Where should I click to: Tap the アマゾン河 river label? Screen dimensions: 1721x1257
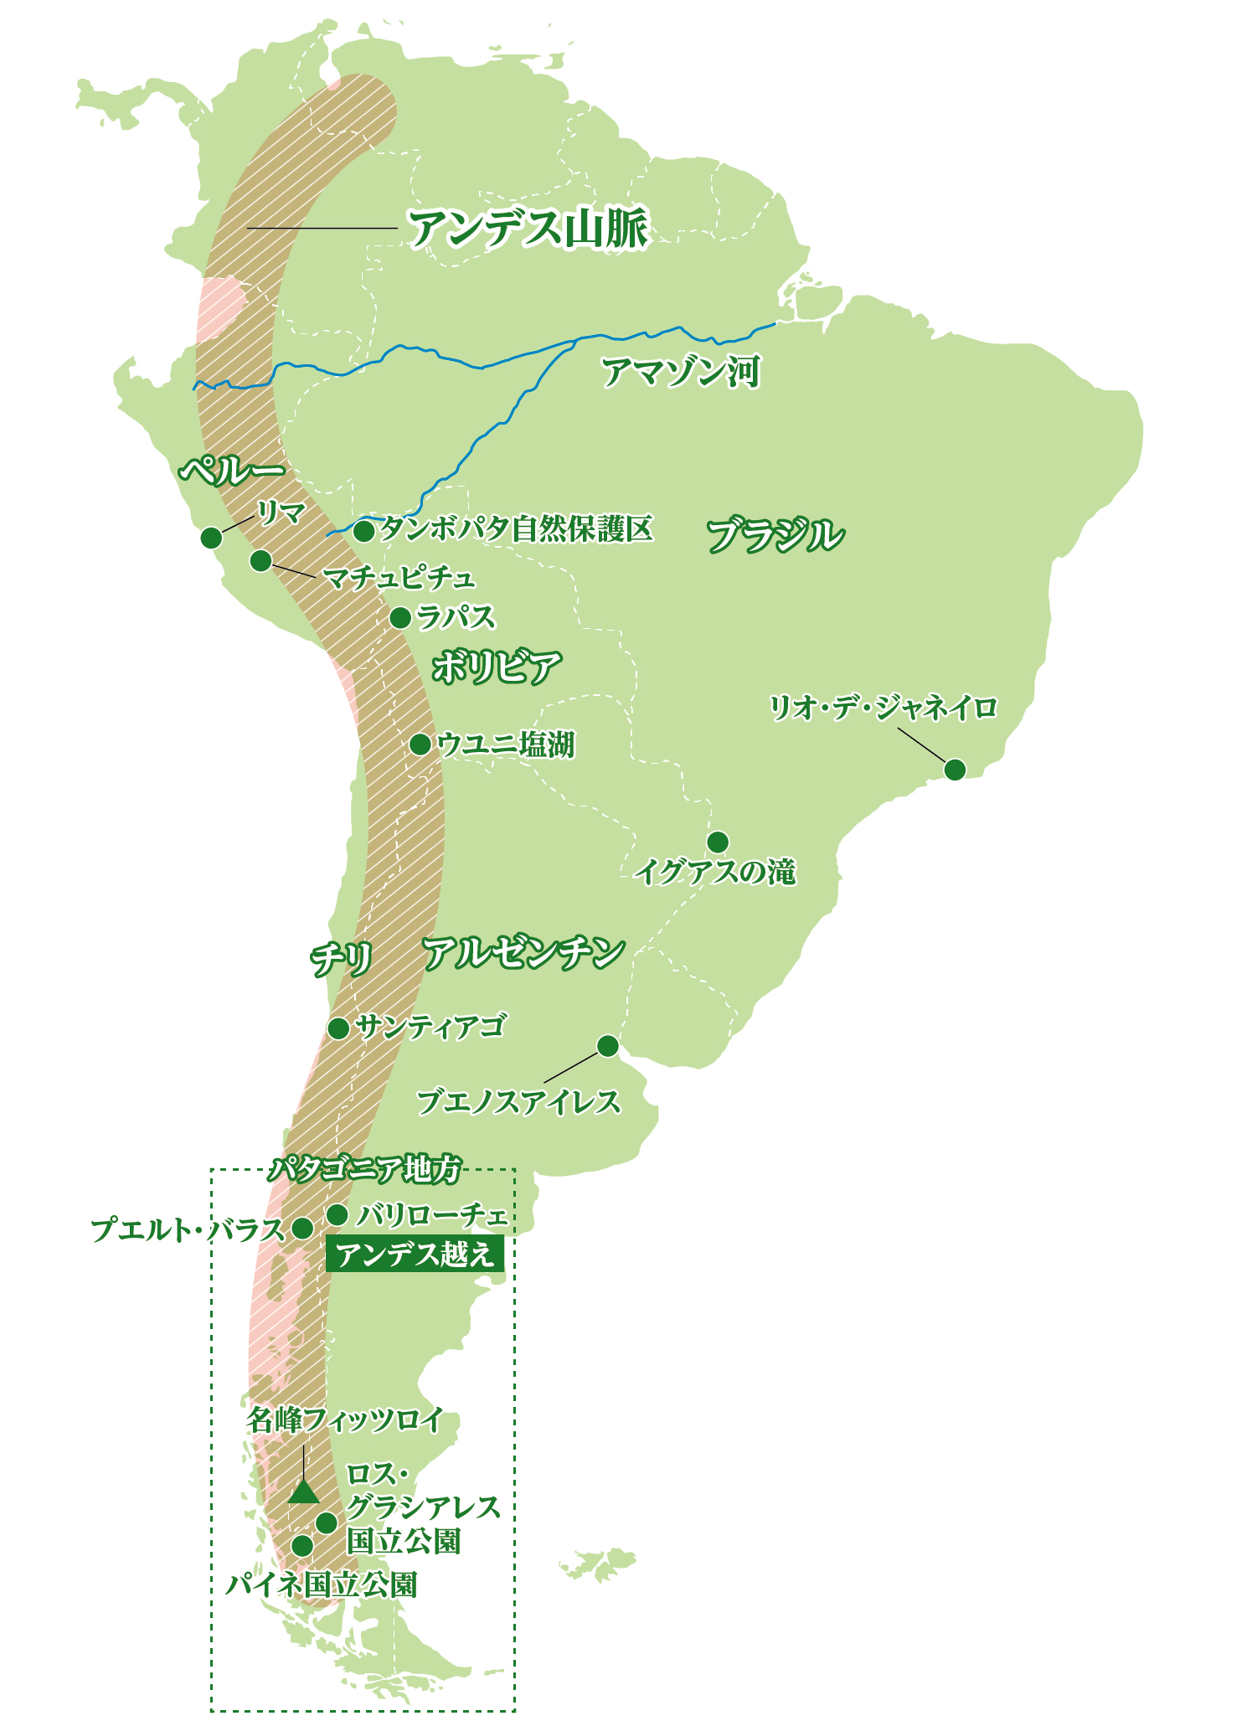pyautogui.click(x=681, y=372)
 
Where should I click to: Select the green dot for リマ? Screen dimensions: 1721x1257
pyautogui.click(x=211, y=538)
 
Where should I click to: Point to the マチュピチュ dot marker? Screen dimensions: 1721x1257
pyautogui.click(x=261, y=560)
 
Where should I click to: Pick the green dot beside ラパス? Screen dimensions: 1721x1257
pyautogui.click(x=400, y=618)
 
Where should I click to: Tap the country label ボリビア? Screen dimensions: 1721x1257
pyautogui.click(x=497, y=667)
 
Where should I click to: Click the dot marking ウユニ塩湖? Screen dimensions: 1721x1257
pyautogui.click(x=420, y=744)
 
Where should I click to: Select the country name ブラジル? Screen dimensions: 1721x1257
pyautogui.click(x=775, y=535)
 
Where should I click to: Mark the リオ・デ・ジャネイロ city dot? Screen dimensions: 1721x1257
pyautogui.click(x=955, y=769)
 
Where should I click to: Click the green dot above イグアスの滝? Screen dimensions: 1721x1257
pyautogui.click(x=718, y=841)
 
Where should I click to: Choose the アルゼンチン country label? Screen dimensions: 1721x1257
pyautogui.click(x=523, y=953)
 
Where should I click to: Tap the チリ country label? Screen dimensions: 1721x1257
pyautogui.click(x=341, y=959)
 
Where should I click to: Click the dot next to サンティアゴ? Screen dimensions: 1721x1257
pyautogui.click(x=338, y=1028)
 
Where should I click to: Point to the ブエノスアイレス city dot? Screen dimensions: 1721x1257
pyautogui.click(x=608, y=1046)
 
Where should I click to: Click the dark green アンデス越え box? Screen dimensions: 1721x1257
pyautogui.click(x=415, y=1254)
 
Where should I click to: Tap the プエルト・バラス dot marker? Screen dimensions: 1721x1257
pyautogui.click(x=302, y=1229)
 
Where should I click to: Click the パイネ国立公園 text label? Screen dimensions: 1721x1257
pyautogui.click(x=321, y=1584)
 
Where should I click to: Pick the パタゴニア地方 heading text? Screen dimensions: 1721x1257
pyautogui.click(x=365, y=1168)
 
